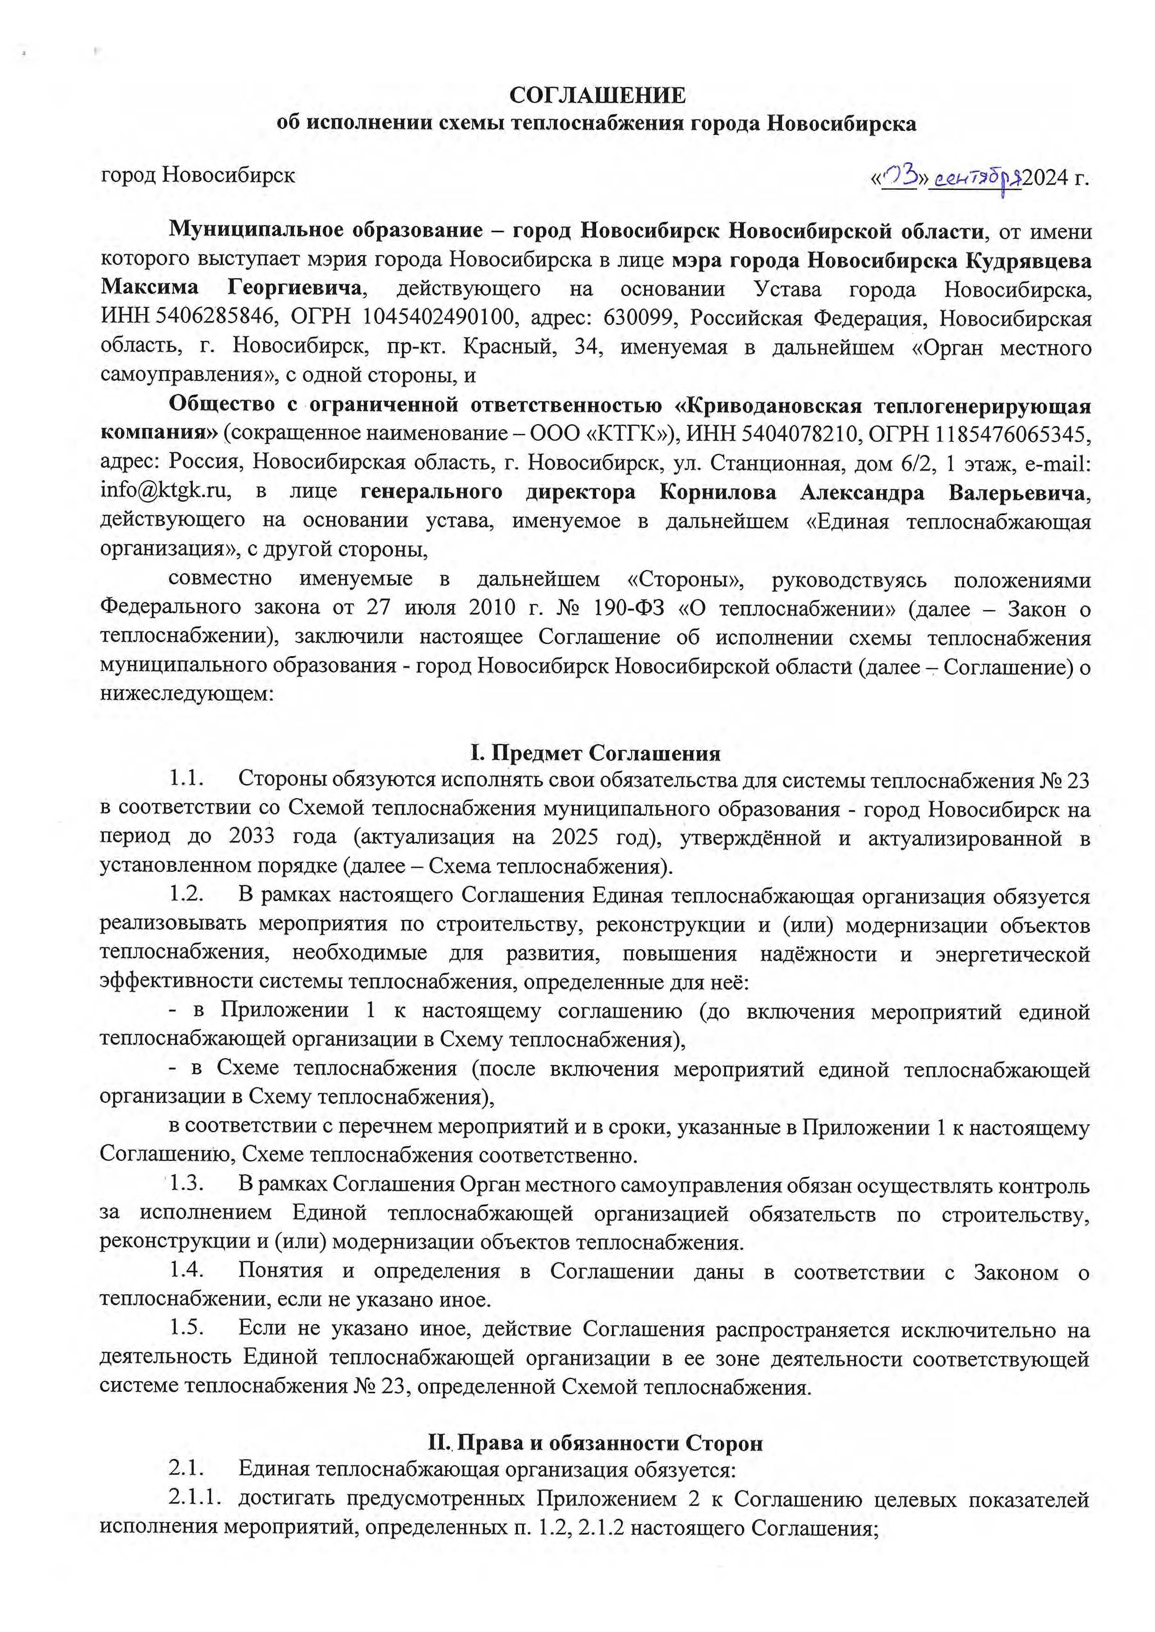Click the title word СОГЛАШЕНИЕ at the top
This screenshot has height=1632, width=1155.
pyautogui.click(x=598, y=95)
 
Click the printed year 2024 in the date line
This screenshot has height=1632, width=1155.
pyautogui.click(x=1046, y=177)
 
